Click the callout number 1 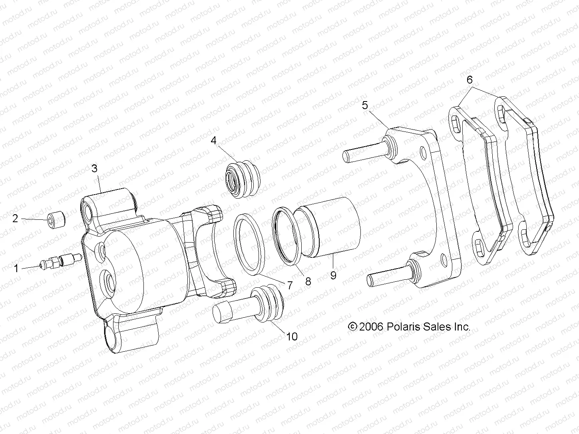click(x=16, y=269)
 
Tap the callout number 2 click(x=16, y=219)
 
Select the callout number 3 click(x=94, y=168)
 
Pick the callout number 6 click(x=470, y=80)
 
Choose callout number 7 click(x=289, y=285)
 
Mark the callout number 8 click(x=308, y=281)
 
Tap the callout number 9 click(x=333, y=275)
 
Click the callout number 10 click(x=292, y=336)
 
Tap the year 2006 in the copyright click(x=371, y=326)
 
